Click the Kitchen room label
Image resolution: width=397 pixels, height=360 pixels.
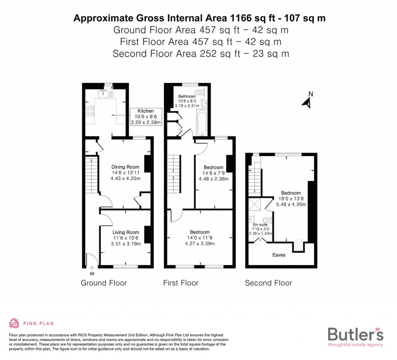click(x=145, y=111)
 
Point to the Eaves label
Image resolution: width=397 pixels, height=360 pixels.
click(x=278, y=255)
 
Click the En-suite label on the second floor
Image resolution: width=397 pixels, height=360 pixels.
click(x=260, y=225)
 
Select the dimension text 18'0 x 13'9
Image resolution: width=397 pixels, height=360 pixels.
click(x=291, y=199)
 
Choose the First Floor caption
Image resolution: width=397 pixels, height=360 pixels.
click(x=181, y=283)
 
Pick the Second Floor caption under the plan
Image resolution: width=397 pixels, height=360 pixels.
click(x=268, y=283)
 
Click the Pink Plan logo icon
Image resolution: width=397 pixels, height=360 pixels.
click(x=14, y=323)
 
